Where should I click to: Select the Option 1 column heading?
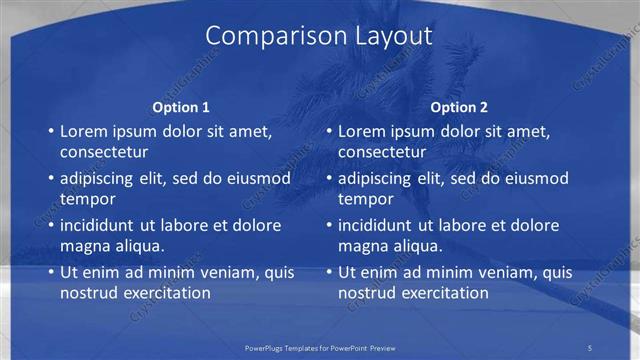(x=181, y=106)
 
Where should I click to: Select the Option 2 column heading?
(x=460, y=106)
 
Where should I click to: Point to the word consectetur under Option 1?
(x=105, y=152)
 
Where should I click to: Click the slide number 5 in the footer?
(x=590, y=347)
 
